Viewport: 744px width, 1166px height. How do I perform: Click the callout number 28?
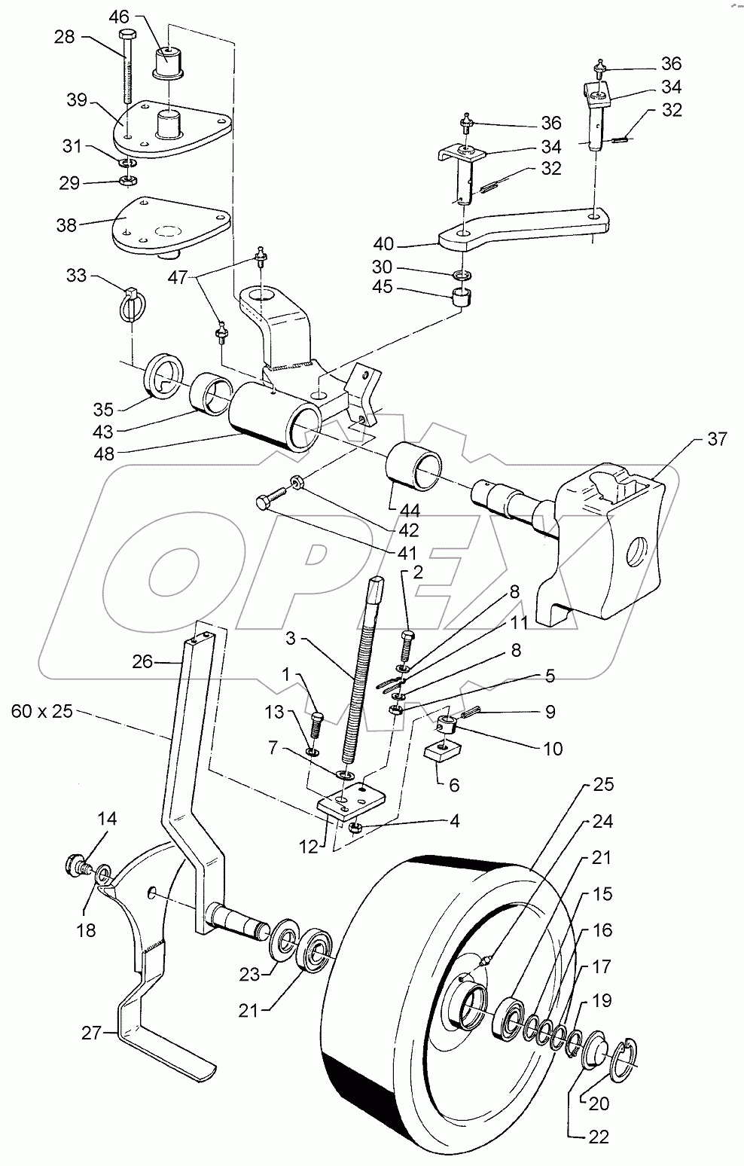pos(64,37)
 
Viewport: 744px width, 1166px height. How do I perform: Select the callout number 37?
pos(716,439)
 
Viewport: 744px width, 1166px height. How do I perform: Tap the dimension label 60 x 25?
pos(42,710)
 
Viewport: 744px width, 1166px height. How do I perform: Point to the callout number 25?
pos(603,784)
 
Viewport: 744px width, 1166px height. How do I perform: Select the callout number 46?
pos(119,15)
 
